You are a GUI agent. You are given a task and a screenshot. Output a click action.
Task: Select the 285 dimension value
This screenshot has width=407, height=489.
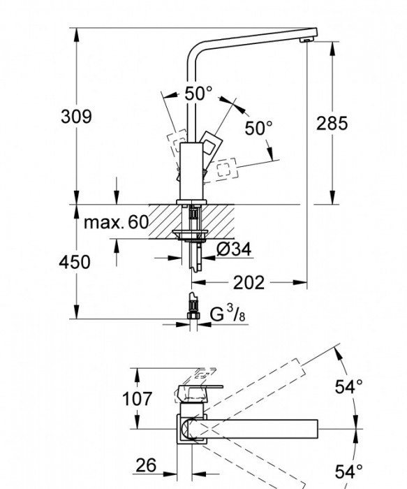(332, 124)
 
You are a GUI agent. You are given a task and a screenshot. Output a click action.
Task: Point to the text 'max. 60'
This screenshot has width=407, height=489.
(116, 223)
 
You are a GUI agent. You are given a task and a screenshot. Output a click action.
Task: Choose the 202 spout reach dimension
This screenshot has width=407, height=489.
(249, 282)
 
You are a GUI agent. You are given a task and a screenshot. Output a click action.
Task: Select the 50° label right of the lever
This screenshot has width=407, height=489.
(258, 129)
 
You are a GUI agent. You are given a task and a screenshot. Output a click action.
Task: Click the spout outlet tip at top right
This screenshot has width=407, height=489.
(307, 41)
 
